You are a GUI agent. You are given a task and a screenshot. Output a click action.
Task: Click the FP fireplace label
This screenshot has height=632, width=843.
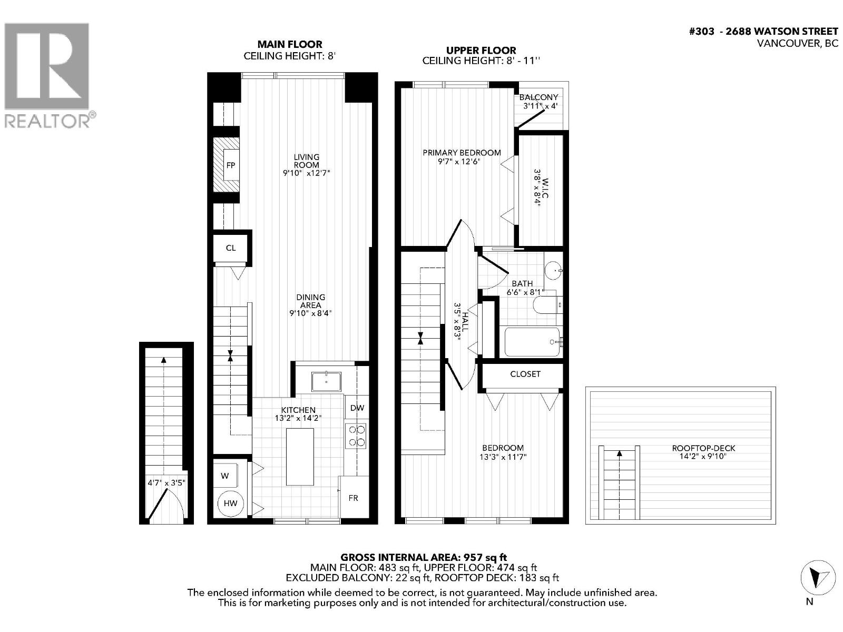(230, 165)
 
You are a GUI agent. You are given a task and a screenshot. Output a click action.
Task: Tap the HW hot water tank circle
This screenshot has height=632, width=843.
(231, 503)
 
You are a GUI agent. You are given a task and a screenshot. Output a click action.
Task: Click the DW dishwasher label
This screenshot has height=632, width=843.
(357, 408)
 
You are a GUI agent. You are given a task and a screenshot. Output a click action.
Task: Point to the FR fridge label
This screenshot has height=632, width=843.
(353, 498)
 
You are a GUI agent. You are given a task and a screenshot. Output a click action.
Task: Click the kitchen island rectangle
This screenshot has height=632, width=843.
(300, 457)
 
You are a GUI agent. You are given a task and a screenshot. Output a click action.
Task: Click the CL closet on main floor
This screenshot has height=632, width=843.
(231, 248)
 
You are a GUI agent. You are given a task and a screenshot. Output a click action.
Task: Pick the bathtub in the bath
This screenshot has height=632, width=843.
(532, 342)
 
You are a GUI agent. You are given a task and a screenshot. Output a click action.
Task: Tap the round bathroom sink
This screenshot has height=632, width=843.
(553, 271)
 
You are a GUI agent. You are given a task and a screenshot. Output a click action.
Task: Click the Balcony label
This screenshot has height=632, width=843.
(538, 97)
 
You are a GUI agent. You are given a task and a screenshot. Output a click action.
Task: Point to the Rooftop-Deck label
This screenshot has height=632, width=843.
(703, 448)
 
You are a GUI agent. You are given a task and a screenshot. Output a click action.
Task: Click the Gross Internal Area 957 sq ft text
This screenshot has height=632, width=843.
(424, 557)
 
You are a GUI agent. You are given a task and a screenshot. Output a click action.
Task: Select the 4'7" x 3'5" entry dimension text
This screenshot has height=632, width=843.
(166, 482)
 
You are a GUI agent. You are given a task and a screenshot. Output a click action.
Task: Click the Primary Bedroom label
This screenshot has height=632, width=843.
(462, 153)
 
